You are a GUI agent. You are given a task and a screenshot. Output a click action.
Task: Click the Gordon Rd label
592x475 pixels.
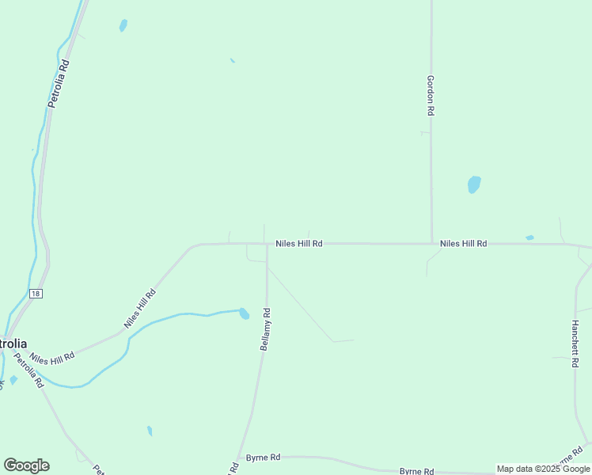pyautogui.click(x=431, y=96)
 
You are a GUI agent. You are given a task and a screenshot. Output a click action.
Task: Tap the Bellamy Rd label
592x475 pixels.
pyautogui.click(x=266, y=329)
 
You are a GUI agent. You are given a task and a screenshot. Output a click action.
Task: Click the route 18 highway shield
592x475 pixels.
pyautogui.click(x=36, y=293)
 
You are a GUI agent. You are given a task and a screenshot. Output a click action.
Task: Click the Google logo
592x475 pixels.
pyautogui.click(x=27, y=465)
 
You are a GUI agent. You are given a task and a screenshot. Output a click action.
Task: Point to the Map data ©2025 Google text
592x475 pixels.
pyautogui.click(x=544, y=469)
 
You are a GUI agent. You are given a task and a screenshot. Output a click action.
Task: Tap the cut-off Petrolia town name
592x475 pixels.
pyautogui.click(x=13, y=344)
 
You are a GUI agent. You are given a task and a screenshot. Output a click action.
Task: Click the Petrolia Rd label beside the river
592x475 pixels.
pyautogui.click(x=59, y=83)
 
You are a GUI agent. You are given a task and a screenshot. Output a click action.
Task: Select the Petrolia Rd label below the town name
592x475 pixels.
pyautogui.click(x=28, y=370)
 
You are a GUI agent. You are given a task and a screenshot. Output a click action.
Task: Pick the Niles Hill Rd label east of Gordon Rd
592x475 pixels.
pyautogui.click(x=463, y=244)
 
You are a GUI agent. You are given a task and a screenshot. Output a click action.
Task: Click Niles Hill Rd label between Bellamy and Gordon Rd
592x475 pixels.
pyautogui.click(x=298, y=244)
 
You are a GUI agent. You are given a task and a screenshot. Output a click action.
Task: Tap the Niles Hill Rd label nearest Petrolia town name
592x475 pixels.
pyautogui.click(x=53, y=358)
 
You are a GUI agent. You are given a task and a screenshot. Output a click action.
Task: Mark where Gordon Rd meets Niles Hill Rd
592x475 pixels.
pyautogui.click(x=431, y=244)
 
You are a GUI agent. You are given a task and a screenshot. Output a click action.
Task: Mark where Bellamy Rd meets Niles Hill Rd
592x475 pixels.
pyautogui.click(x=267, y=244)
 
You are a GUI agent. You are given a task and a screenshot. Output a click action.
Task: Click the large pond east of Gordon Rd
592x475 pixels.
pyautogui.click(x=474, y=184)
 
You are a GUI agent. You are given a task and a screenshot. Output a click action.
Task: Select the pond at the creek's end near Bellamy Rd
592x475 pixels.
pyautogui.click(x=244, y=313)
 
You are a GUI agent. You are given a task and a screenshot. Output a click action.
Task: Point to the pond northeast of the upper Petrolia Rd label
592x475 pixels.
pyautogui.click(x=123, y=25)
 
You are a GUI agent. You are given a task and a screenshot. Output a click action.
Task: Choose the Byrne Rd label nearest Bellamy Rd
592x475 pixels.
pyautogui.click(x=263, y=458)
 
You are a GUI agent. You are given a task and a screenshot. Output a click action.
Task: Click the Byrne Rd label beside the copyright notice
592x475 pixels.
pyautogui.click(x=416, y=471)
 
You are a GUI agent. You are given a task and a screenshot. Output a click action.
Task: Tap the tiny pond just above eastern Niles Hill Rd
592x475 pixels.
pyautogui.click(x=529, y=237)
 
